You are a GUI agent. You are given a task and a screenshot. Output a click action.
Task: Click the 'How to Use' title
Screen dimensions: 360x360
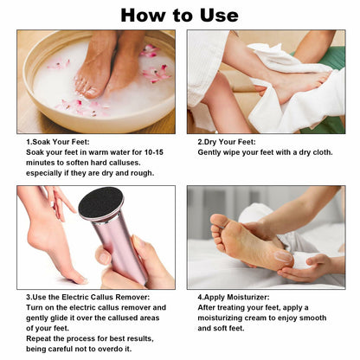click(x=179, y=15)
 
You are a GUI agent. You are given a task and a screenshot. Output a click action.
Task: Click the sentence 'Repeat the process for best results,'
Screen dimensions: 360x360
click(x=81, y=338)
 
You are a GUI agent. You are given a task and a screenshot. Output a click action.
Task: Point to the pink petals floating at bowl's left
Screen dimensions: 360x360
click(x=60, y=65)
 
